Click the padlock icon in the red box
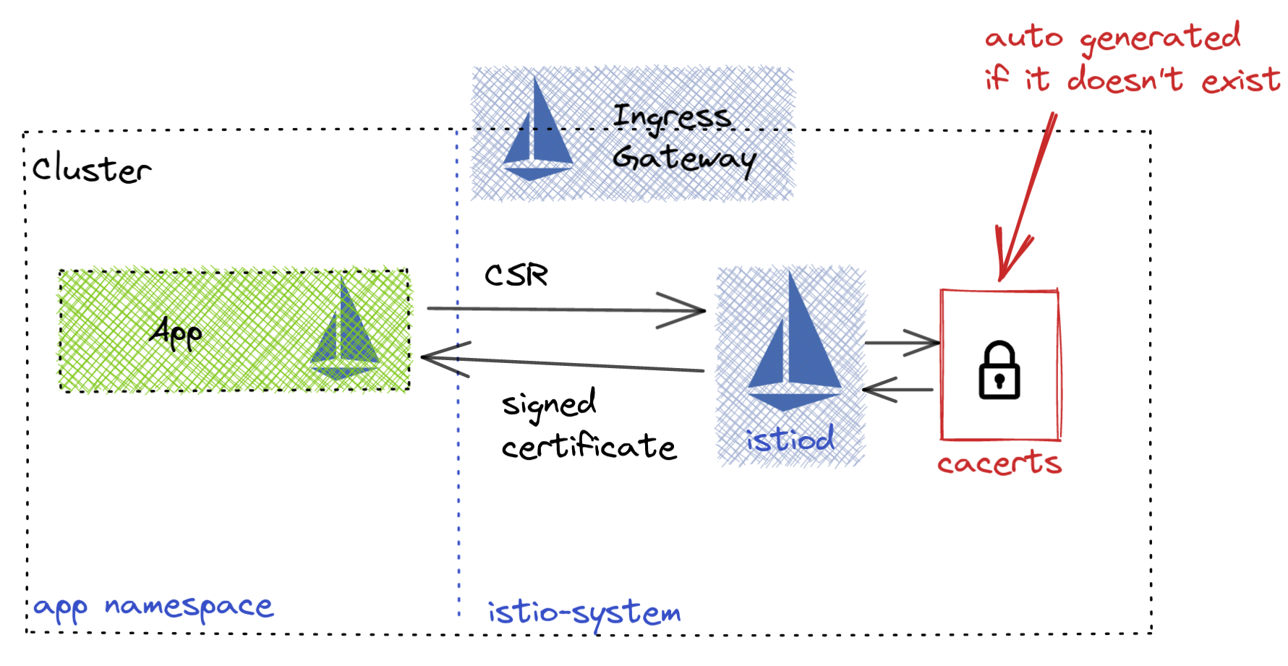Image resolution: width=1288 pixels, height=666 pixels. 999,370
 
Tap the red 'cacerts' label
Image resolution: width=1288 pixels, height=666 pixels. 999,463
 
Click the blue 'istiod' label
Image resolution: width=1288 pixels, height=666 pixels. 790,440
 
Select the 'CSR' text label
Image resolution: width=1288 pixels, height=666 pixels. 516,276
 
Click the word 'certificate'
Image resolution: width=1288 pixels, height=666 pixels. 589,447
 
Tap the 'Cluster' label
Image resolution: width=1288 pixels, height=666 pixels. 92,169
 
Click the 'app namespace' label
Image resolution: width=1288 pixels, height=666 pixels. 153,607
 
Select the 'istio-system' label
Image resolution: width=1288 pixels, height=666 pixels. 584,614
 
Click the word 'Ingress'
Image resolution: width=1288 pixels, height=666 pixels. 671,117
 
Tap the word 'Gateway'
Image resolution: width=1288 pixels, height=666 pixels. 684,158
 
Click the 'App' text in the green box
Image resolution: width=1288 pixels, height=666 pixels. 176,333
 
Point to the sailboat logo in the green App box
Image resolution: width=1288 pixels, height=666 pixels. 344,333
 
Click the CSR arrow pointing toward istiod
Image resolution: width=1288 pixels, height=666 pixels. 564,309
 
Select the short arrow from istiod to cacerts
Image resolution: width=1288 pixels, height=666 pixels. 902,343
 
